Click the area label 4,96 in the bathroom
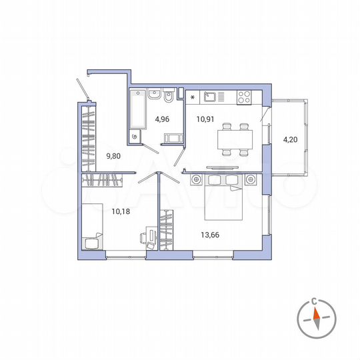(161, 120)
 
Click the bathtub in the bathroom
(138, 110)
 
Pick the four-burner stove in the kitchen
(244, 97)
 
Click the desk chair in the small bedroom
(145, 237)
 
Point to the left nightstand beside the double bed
(197, 179)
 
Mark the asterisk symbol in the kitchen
(193, 99)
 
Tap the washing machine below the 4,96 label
(175, 138)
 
